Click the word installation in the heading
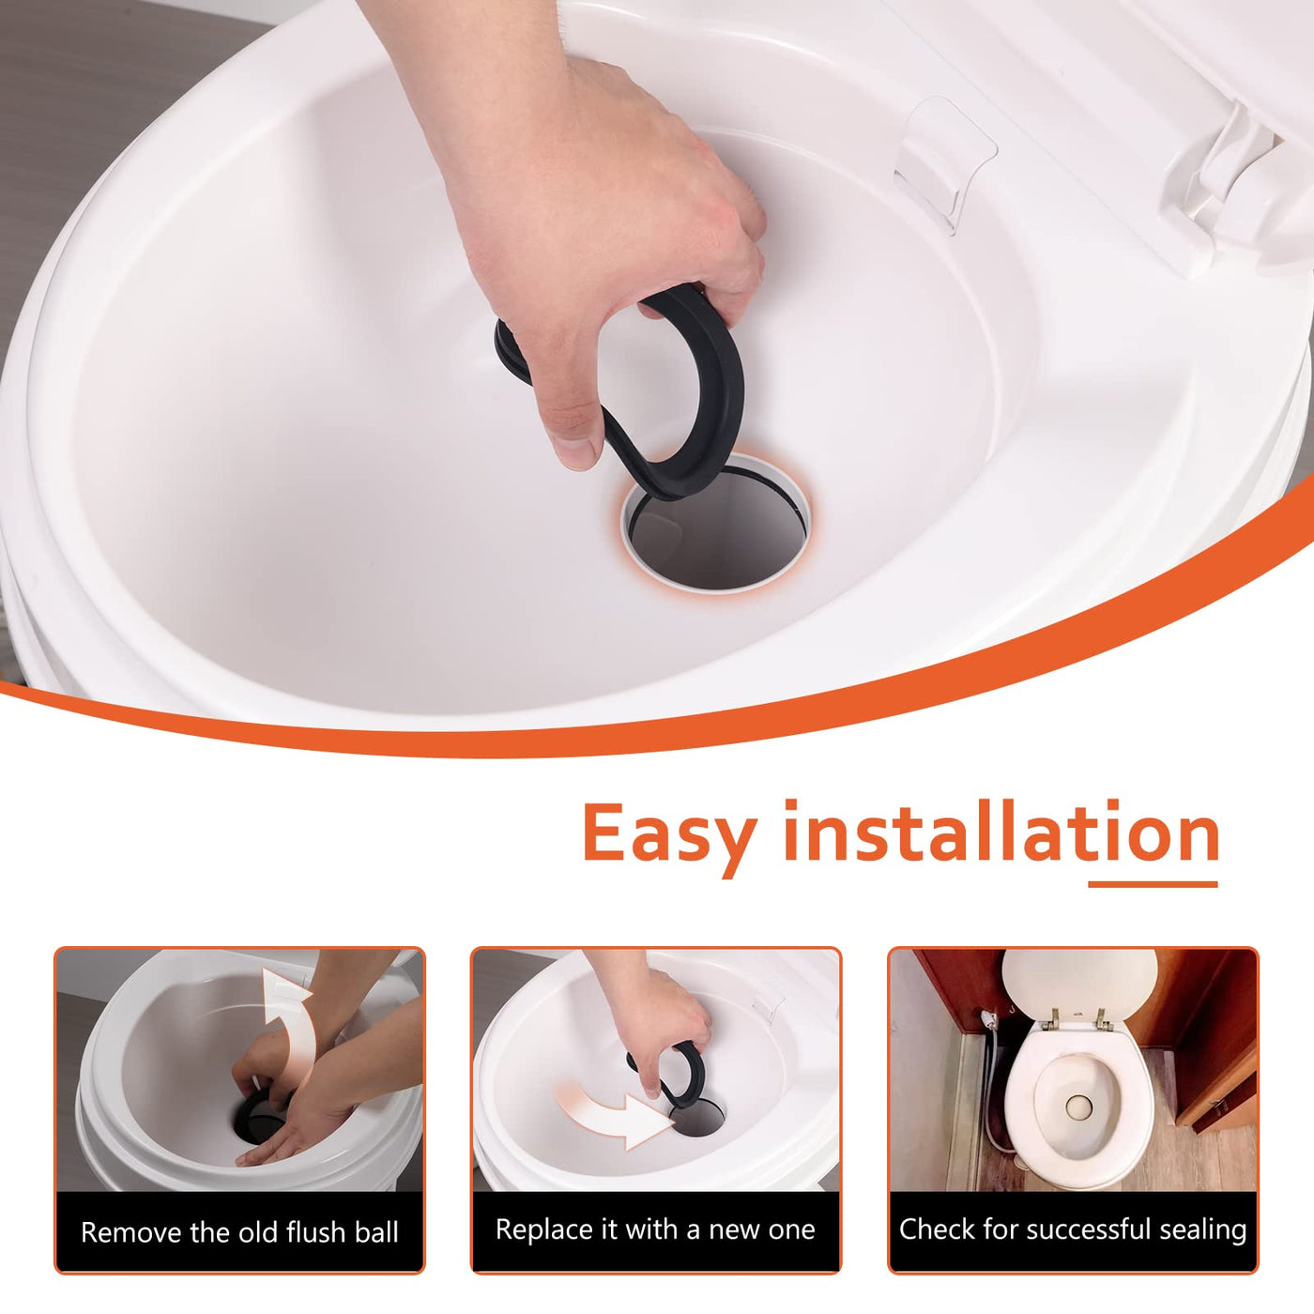pyautogui.click(x=1001, y=831)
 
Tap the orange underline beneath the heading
pyautogui.click(x=1153, y=884)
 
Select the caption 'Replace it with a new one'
pyautogui.click(x=655, y=1230)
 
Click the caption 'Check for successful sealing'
pyautogui.click(x=1073, y=1230)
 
